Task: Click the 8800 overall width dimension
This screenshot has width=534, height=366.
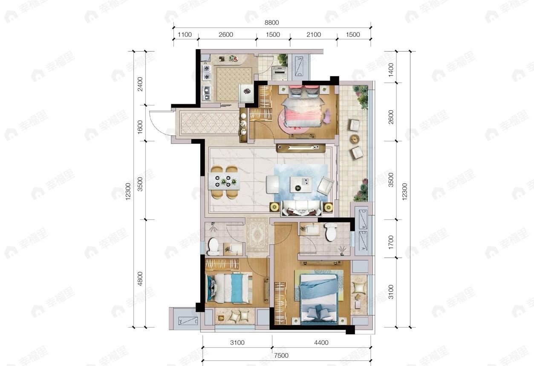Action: click(x=271, y=23)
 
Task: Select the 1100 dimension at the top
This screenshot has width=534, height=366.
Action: click(x=185, y=35)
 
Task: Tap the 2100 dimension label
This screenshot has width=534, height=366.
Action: click(x=313, y=35)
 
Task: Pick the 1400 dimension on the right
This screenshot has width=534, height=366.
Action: click(x=391, y=68)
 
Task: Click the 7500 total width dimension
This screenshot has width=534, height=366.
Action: click(x=281, y=355)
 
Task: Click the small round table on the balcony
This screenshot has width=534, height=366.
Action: click(x=355, y=139)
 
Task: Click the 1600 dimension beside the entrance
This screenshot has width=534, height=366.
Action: click(x=140, y=126)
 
